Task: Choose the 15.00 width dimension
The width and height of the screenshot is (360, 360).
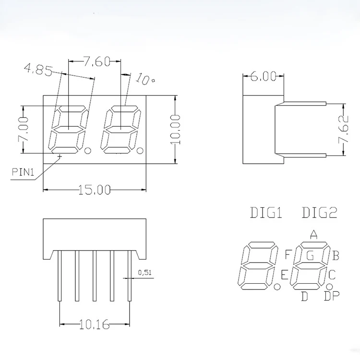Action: point(95,190)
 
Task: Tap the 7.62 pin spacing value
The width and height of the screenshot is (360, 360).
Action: point(343,130)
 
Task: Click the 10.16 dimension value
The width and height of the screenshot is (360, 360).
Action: point(94,325)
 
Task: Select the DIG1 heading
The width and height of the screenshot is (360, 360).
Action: point(266,213)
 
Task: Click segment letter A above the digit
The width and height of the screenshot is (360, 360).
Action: point(313,234)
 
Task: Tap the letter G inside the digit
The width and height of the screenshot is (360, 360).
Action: point(310,255)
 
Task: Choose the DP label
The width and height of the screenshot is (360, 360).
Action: point(331,297)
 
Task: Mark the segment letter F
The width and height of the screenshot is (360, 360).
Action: point(288,254)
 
